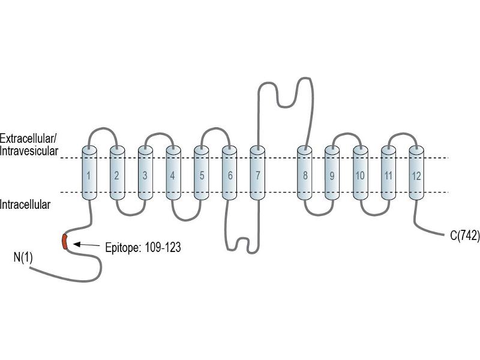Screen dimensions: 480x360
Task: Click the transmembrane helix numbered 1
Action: [89, 173]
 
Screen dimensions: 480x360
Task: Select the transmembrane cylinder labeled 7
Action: [257, 173]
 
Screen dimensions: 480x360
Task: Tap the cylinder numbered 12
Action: [416, 173]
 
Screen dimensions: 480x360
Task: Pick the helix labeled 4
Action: [173, 173]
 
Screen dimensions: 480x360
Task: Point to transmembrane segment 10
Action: [361, 173]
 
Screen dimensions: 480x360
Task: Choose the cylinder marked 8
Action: [305, 173]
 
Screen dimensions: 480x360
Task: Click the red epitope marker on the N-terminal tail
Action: [65, 242]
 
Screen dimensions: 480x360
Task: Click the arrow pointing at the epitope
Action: [86, 245]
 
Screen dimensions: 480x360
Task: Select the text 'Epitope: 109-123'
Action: [143, 247]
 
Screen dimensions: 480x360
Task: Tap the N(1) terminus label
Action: [23, 257]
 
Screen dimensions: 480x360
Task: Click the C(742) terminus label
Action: [465, 236]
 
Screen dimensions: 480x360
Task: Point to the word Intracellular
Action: [25, 205]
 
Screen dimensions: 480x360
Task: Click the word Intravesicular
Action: [29, 151]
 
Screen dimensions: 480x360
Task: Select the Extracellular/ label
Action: [28, 139]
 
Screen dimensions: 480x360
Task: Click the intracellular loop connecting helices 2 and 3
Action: [131, 214]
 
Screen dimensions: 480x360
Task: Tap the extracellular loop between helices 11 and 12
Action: [403, 134]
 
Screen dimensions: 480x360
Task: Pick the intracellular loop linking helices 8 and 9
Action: [319, 214]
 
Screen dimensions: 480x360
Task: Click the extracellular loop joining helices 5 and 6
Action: [216, 128]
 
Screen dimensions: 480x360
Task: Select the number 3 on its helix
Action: [145, 175]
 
